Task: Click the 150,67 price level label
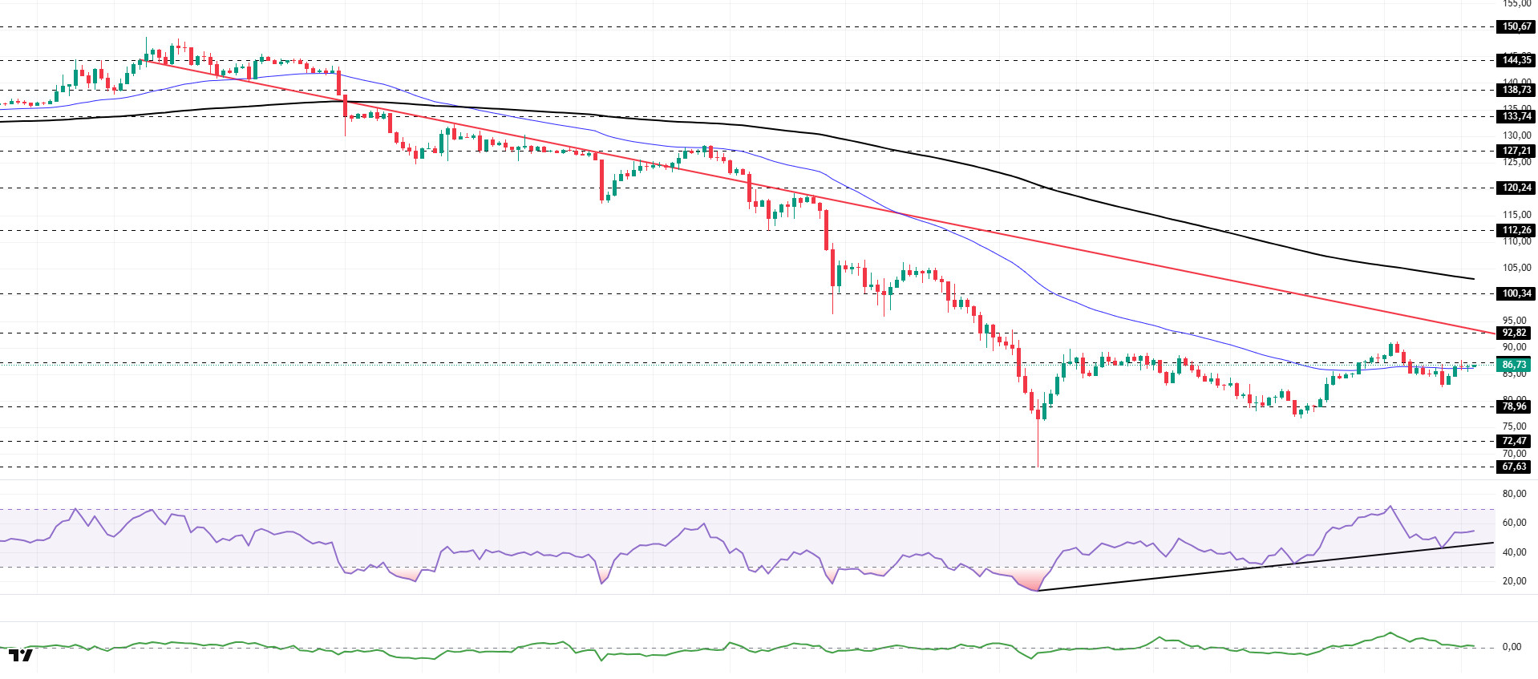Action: pos(1516,26)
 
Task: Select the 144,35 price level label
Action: pos(1516,60)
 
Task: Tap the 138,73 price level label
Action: pos(1516,90)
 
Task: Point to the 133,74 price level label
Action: pos(1516,116)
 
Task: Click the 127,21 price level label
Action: pos(1516,151)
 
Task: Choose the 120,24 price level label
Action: pos(1516,188)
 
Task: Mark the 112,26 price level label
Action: pos(1516,230)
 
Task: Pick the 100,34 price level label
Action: pos(1516,293)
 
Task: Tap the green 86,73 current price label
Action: pos(1514,365)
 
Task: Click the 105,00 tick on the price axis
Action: pos(1516,268)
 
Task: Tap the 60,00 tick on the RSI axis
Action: pos(1513,523)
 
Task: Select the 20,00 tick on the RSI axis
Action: pos(1513,581)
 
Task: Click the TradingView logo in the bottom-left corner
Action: pos(21,655)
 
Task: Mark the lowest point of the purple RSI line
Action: pos(1038,591)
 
